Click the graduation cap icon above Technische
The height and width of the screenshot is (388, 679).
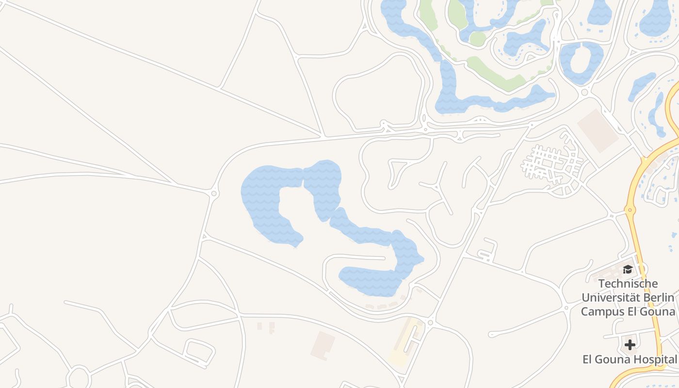click(x=628, y=270)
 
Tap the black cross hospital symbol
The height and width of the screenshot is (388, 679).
click(x=630, y=345)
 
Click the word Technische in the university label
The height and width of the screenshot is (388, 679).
click(x=628, y=284)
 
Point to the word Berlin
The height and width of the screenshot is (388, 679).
click(x=659, y=297)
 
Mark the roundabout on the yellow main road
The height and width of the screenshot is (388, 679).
click(x=630, y=210)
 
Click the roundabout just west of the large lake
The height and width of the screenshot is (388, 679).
click(x=214, y=194)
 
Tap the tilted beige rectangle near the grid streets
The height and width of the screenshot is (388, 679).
click(x=598, y=130)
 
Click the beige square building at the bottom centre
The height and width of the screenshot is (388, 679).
click(x=323, y=345)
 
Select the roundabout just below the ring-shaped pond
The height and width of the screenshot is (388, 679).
click(x=584, y=92)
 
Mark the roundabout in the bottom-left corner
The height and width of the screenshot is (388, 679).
click(x=79, y=378)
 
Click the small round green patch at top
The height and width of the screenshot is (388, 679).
click(x=477, y=39)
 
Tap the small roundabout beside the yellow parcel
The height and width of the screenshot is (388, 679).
click(x=431, y=323)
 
